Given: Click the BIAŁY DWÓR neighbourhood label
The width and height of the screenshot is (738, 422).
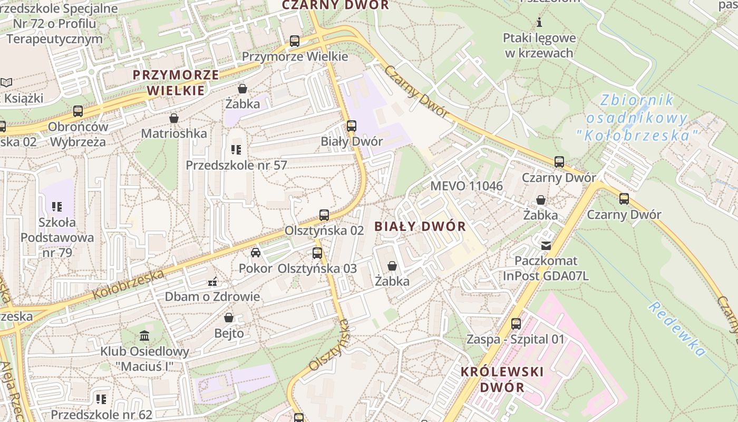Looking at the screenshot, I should [420, 227].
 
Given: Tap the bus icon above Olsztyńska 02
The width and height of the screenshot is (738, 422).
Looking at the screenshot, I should [324, 215].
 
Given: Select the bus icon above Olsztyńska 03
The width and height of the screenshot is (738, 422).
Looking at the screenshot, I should [317, 253].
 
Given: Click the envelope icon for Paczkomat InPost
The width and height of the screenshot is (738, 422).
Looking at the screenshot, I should [546, 245].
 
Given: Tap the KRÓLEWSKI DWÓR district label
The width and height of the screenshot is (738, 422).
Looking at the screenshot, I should [502, 379].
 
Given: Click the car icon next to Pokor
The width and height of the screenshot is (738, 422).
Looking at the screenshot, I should [256, 253].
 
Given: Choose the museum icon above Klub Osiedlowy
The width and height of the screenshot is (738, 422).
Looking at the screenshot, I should [144, 335].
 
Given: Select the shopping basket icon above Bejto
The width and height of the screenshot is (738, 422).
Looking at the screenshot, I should [229, 318].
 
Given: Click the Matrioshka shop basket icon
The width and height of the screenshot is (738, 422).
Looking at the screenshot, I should [173, 118].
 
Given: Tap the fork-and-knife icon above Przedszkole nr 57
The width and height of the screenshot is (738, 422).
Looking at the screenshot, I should [236, 150].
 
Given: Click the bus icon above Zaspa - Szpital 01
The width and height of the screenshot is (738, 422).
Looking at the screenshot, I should [516, 324].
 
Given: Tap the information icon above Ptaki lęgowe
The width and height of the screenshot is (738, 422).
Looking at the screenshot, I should [539, 23].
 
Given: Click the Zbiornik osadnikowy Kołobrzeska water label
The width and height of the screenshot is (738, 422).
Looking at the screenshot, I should [637, 118].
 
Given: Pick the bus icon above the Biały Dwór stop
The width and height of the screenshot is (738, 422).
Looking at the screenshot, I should [352, 126].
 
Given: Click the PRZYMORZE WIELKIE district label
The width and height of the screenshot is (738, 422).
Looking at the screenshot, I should [176, 82].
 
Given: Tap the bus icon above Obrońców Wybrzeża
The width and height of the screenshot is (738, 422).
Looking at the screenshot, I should [78, 111].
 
